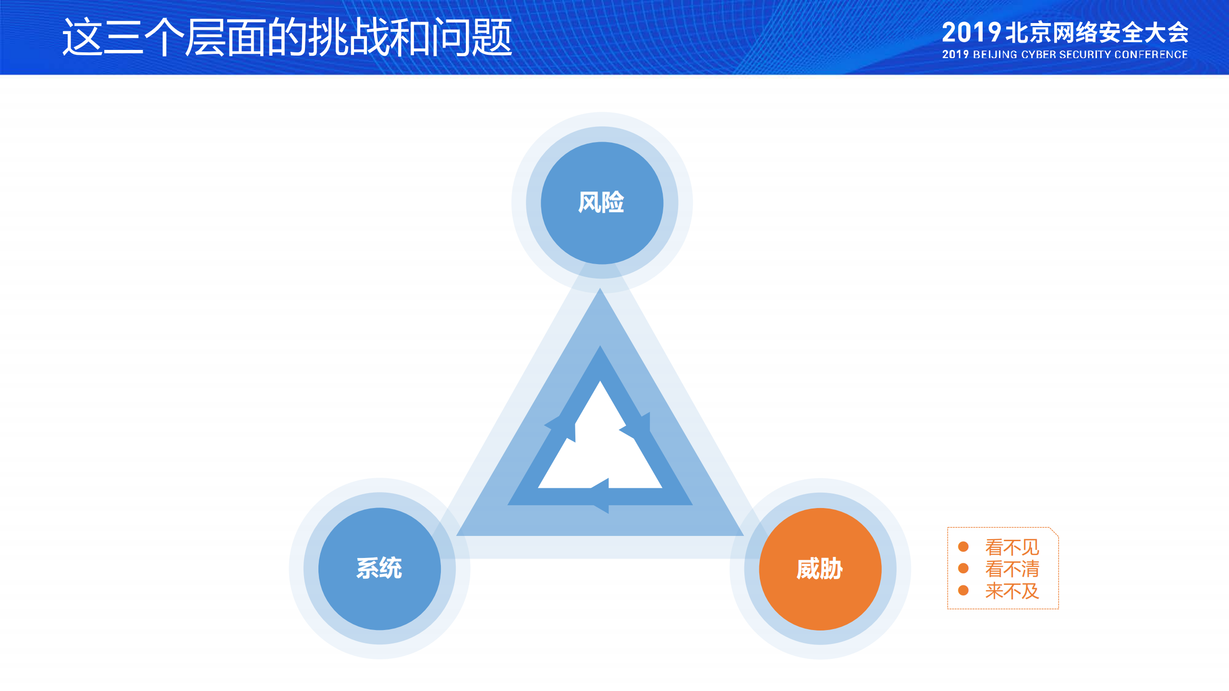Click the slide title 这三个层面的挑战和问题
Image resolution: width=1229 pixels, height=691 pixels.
coord(287,37)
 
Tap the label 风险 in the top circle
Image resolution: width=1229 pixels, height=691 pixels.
coord(601,202)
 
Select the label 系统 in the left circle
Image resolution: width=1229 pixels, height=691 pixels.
coord(379,568)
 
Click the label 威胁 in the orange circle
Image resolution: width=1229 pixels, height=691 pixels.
coord(819,569)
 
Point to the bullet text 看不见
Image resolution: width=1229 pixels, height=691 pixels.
coord(1012,547)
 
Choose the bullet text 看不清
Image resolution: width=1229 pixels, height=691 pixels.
coord(1012,569)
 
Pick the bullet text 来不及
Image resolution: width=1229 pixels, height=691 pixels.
coord(1012,591)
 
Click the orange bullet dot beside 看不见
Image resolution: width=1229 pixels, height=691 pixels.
coord(963,546)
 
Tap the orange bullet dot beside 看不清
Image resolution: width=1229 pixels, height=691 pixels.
coord(963,569)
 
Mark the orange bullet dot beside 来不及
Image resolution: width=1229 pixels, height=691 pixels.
coord(963,590)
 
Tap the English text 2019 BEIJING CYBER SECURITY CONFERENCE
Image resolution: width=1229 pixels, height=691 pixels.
coord(1064,55)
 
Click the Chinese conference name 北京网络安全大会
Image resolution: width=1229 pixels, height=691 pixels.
coord(1096,33)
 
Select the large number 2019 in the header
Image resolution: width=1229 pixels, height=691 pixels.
coord(971,33)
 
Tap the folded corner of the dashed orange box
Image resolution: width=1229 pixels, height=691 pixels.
coord(1054,532)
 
